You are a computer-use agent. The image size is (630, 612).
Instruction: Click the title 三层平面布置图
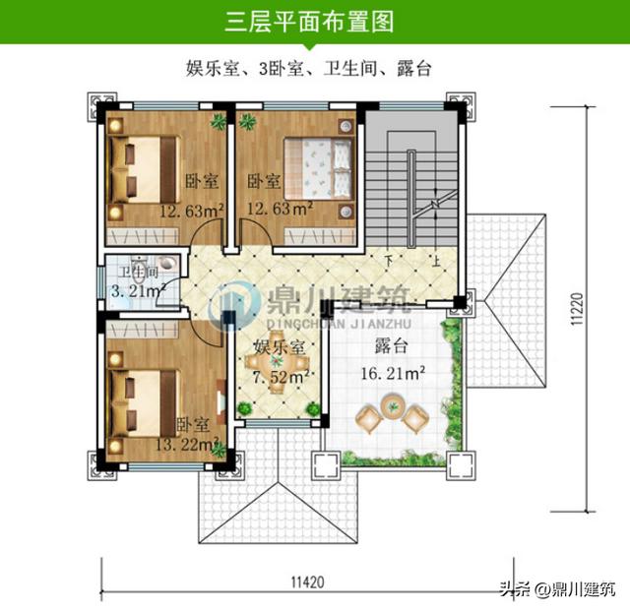click(315, 21)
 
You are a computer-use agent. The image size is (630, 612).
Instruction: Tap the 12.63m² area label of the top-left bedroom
click(191, 209)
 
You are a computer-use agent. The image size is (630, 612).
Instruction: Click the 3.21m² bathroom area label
click(134, 291)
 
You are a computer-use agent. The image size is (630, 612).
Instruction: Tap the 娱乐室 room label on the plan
click(278, 347)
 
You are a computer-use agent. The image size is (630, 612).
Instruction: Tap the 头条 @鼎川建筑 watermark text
click(557, 589)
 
